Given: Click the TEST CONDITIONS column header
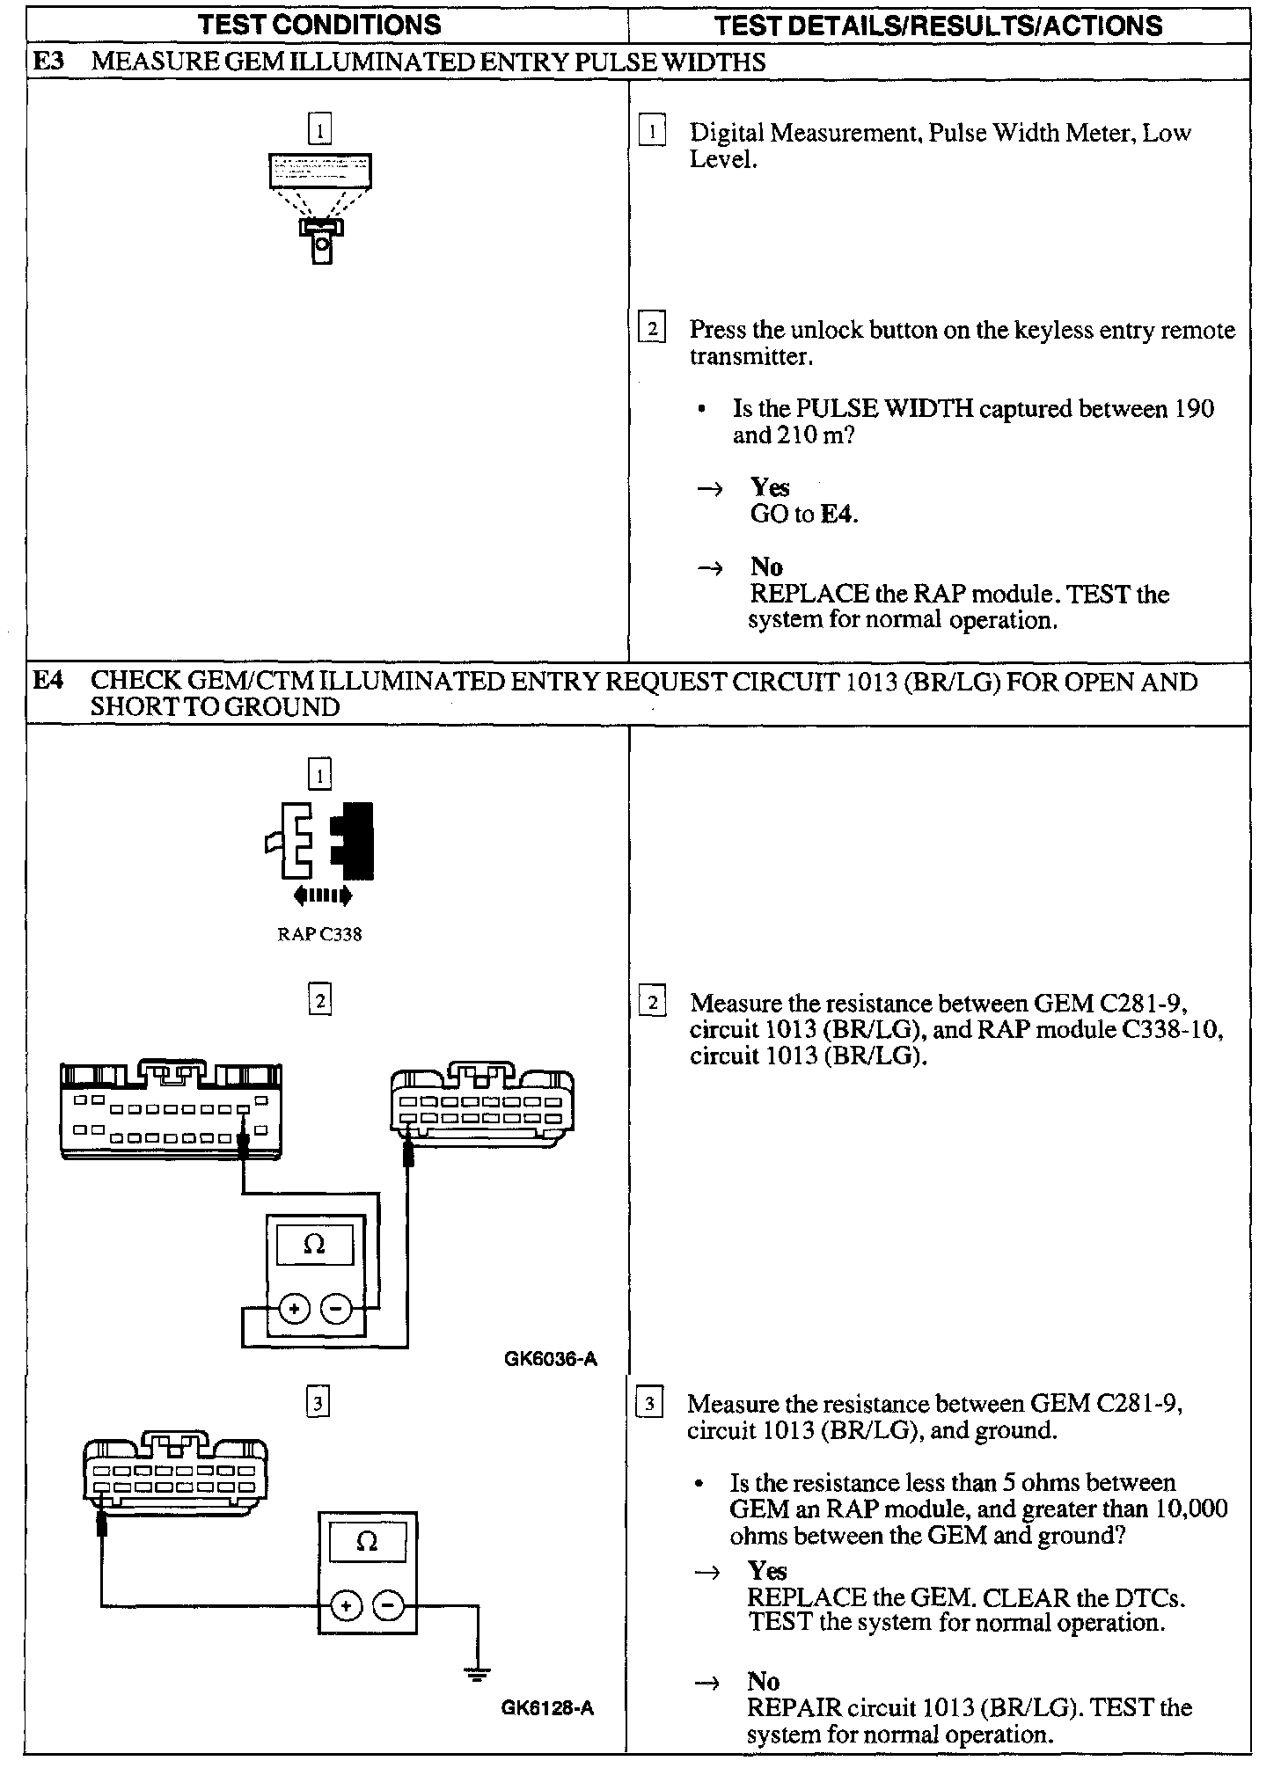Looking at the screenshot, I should pyautogui.click(x=319, y=25).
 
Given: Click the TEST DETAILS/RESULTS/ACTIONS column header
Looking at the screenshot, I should pyautogui.click(x=939, y=25).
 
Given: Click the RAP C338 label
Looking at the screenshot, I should pyautogui.click(x=319, y=934).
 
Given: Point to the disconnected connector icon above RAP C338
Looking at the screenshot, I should pyautogui.click(x=320, y=842).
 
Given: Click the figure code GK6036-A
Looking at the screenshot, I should pyautogui.click(x=551, y=1359).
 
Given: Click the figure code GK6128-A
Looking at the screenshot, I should pyautogui.click(x=548, y=1708).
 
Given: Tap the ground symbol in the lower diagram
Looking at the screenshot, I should pyautogui.click(x=478, y=1673).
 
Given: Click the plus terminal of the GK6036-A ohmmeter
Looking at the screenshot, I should pyautogui.click(x=294, y=1310).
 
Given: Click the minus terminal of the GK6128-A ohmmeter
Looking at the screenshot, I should pyautogui.click(x=388, y=1607).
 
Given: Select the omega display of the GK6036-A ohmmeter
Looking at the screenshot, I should pyautogui.click(x=314, y=1245).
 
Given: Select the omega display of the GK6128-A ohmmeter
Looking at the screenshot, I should pyautogui.click(x=368, y=1542).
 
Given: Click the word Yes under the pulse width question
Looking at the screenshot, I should pyautogui.click(x=770, y=487).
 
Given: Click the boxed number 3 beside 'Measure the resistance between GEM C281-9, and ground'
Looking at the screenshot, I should pyautogui.click(x=649, y=1403).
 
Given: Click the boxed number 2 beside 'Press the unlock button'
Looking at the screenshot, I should pyautogui.click(x=651, y=329).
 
